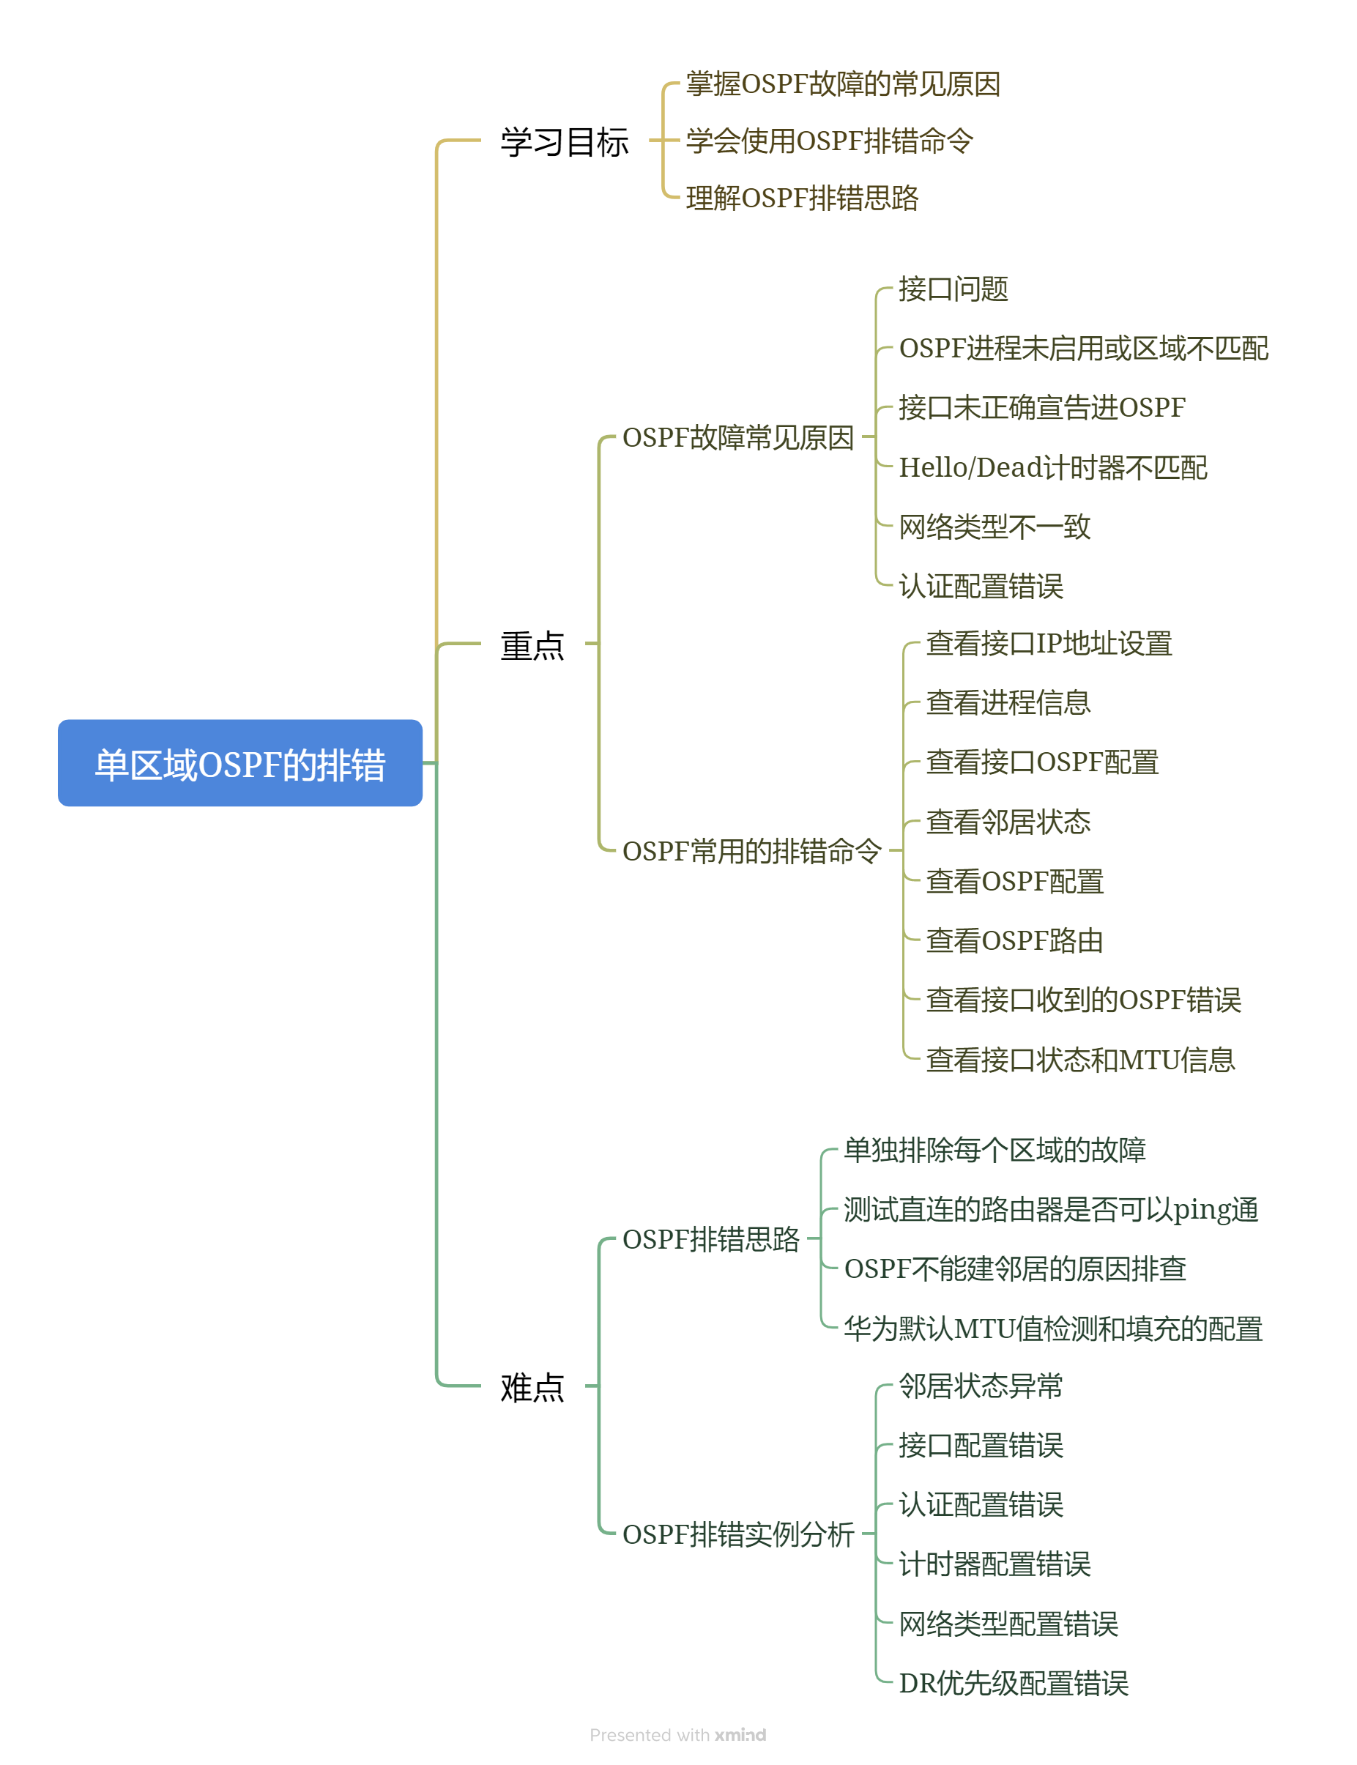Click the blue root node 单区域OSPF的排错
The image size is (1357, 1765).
click(x=240, y=762)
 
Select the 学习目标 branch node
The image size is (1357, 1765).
click(x=564, y=141)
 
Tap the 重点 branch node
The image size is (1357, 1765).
click(x=532, y=644)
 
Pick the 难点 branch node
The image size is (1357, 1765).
click(x=532, y=1386)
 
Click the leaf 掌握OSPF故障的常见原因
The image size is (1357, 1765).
click(x=842, y=83)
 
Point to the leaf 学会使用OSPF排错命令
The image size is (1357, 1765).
click(x=829, y=141)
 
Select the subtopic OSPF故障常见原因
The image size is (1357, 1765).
click(x=737, y=437)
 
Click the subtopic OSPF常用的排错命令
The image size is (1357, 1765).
click(x=751, y=850)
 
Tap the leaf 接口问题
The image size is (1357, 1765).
click(x=953, y=289)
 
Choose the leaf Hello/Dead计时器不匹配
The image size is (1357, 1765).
click(x=1052, y=467)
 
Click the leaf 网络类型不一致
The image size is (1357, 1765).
click(x=994, y=527)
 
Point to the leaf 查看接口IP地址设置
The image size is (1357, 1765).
click(x=1049, y=643)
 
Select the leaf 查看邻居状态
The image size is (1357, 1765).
click(x=1008, y=822)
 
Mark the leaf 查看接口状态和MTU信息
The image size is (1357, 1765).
click(x=1080, y=1059)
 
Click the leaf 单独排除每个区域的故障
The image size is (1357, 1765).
click(x=994, y=1150)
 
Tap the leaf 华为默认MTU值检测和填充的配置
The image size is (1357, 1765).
click(x=1052, y=1328)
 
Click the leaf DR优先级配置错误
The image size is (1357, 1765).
click(x=1013, y=1682)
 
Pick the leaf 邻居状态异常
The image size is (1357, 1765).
click(x=981, y=1386)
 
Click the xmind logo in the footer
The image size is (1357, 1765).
click(x=740, y=1734)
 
